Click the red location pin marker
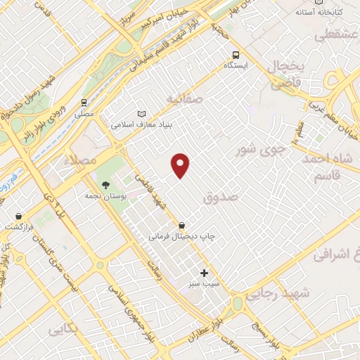tap(181, 165)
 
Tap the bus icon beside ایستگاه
tap(236, 54)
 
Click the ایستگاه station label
tap(236, 65)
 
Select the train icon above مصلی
tap(84, 101)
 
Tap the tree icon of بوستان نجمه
tap(105, 185)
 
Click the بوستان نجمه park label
tap(105, 196)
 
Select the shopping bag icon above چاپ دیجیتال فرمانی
tap(182, 226)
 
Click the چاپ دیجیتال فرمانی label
tap(181, 237)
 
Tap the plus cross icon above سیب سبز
tap(205, 272)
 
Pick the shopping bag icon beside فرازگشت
tap(18, 216)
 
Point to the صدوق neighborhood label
tap(221, 199)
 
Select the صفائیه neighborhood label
tap(184, 99)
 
